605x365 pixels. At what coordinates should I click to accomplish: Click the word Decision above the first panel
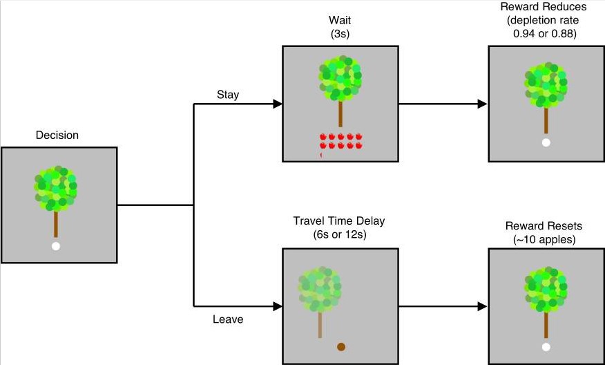click(57, 135)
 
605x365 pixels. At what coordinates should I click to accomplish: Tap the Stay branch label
click(228, 95)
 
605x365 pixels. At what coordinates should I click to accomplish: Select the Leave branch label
click(227, 320)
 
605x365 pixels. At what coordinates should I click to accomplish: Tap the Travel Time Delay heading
click(339, 221)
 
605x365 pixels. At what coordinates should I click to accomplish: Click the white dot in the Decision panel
click(56, 246)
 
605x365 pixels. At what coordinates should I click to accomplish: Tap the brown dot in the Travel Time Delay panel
click(340, 346)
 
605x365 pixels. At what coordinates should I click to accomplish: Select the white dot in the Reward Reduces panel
click(546, 143)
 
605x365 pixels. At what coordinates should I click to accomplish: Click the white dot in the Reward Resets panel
click(546, 346)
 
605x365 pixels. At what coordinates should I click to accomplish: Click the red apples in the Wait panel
click(340, 142)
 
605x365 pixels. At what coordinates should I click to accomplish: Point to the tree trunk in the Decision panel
click(56, 223)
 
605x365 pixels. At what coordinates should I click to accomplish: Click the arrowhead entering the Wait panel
click(278, 104)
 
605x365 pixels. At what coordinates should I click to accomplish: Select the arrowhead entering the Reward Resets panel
click(483, 306)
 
